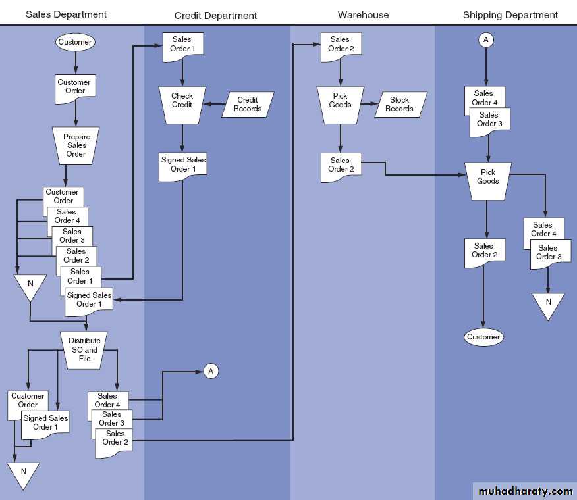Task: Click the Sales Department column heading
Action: (x=66, y=14)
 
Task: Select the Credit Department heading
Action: (x=215, y=15)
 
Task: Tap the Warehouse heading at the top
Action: (x=363, y=14)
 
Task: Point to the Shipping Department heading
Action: (x=510, y=14)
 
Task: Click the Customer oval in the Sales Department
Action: (x=75, y=42)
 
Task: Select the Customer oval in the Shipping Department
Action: (x=483, y=337)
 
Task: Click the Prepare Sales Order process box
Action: (x=76, y=145)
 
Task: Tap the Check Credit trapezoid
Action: (x=182, y=104)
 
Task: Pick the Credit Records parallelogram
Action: (x=248, y=104)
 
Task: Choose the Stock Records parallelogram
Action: (x=400, y=105)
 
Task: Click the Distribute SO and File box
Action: (x=84, y=349)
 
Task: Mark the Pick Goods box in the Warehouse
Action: (x=341, y=104)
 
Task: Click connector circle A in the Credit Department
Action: (x=211, y=371)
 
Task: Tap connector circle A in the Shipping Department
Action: (x=486, y=39)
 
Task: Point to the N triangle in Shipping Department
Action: (x=548, y=304)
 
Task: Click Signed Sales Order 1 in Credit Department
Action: (x=183, y=164)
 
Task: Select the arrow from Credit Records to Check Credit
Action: (x=215, y=104)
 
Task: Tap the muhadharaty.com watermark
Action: (x=524, y=491)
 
